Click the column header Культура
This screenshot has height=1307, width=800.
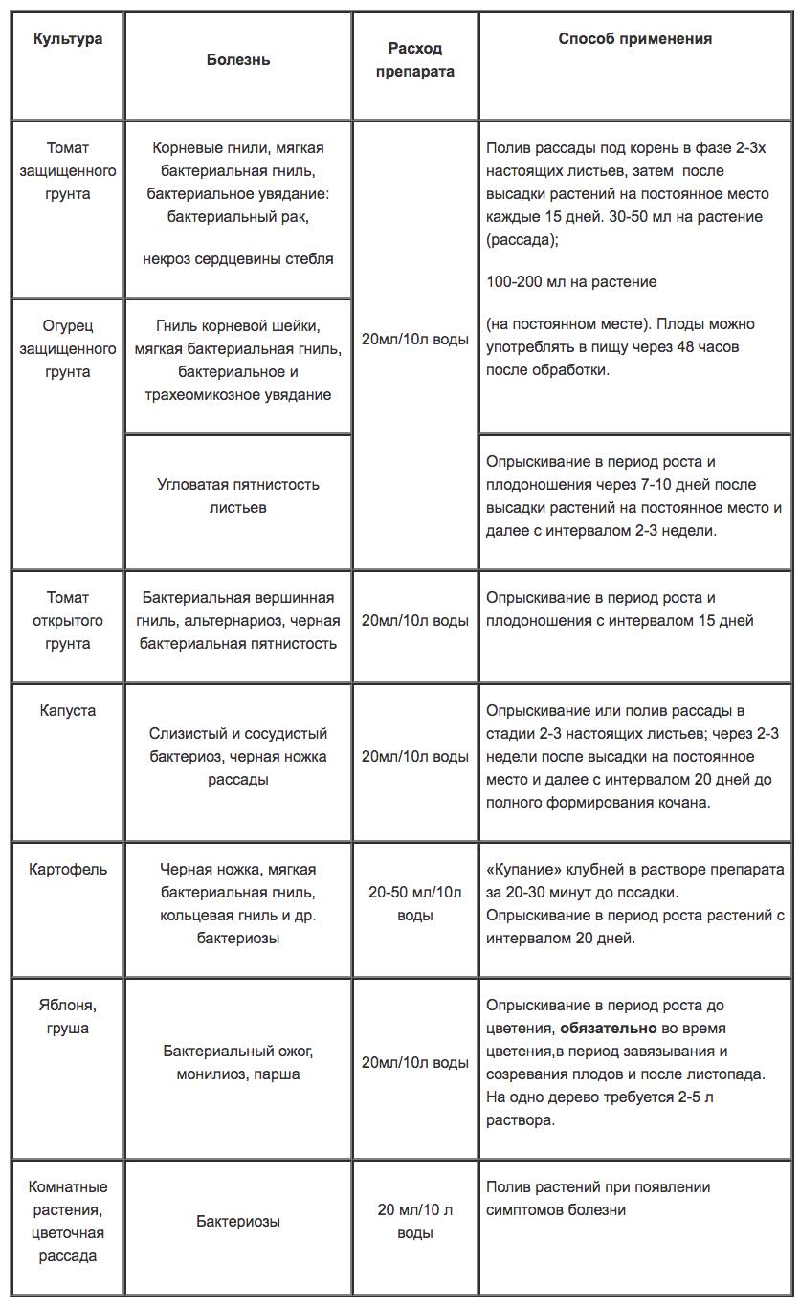pos(68,39)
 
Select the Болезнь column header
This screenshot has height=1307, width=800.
pos(238,59)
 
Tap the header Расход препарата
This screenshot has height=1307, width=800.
pos(414,59)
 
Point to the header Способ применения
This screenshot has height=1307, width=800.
pos(634,39)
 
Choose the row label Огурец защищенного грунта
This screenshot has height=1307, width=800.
pos(68,348)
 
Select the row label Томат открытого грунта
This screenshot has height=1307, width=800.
pos(68,620)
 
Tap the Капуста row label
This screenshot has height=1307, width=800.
pos(68,711)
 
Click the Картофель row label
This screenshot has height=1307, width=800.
pos(68,870)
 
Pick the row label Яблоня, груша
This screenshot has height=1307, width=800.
pos(68,1016)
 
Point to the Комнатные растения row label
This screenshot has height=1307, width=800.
pos(68,1221)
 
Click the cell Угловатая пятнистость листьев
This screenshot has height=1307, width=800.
pos(238,496)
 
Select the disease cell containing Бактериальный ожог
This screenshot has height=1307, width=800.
pos(238,1062)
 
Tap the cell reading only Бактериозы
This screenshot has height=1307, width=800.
pos(238,1221)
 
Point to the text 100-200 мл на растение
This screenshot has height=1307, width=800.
pos(571,282)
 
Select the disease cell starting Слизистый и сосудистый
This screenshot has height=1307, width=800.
pos(238,756)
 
